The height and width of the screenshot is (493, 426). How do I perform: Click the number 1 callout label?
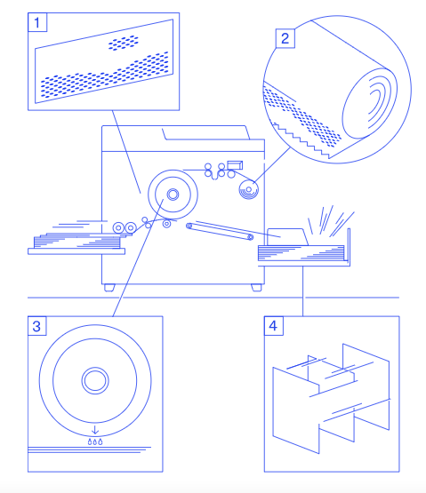pyautogui.click(x=37, y=22)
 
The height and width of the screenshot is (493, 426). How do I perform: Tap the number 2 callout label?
pyautogui.click(x=285, y=38)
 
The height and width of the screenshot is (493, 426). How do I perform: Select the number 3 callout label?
pyautogui.click(x=37, y=326)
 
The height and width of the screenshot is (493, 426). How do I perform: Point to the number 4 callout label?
pyautogui.click(x=274, y=326)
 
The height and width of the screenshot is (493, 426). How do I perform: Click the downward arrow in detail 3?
pyautogui.click(x=95, y=430)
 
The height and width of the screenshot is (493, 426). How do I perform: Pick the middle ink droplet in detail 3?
pyautogui.click(x=95, y=441)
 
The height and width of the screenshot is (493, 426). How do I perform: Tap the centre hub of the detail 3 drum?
pyautogui.click(x=95, y=380)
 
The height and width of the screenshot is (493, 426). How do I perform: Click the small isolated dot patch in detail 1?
pyautogui.click(x=124, y=43)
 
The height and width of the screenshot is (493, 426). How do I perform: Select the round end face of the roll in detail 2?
pyautogui.click(x=370, y=103)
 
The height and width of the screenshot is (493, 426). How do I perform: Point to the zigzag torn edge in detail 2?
pyautogui.click(x=301, y=140)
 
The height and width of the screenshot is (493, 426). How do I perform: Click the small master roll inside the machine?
pyautogui.click(x=249, y=189)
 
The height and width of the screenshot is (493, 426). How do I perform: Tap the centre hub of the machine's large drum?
pyautogui.click(x=173, y=195)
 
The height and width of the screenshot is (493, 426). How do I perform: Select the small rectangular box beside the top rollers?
pyautogui.click(x=235, y=165)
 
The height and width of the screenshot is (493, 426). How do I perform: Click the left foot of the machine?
pyautogui.click(x=109, y=288)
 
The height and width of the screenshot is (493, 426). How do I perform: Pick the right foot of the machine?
pyautogui.click(x=256, y=288)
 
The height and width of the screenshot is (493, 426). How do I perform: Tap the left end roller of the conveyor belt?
pyautogui.click(x=189, y=226)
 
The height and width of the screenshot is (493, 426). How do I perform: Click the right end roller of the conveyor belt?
pyautogui.click(x=251, y=237)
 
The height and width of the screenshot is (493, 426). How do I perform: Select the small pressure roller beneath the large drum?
pyautogui.click(x=167, y=224)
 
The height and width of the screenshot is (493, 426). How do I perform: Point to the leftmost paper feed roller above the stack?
pyautogui.click(x=118, y=227)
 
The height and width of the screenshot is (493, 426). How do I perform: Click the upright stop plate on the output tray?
pyautogui.click(x=349, y=247)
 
